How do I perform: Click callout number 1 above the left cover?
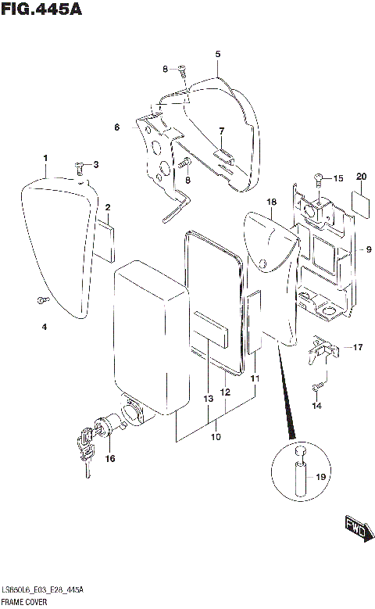45,159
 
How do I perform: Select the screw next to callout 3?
80,166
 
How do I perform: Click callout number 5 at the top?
218,54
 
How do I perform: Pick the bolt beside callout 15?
319,179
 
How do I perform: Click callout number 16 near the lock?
110,458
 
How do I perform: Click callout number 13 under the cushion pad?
208,399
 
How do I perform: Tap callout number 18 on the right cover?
271,202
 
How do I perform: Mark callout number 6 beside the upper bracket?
116,127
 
